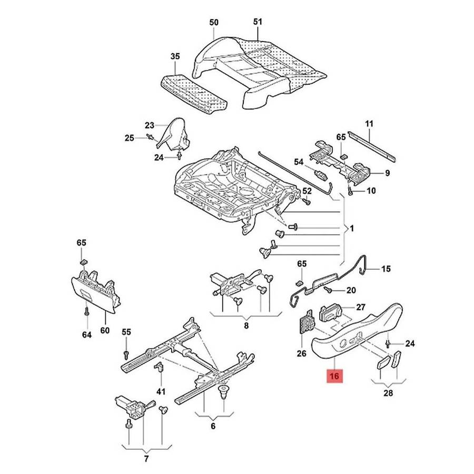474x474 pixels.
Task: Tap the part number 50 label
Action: (214, 23)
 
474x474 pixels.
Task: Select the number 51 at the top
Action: (257, 23)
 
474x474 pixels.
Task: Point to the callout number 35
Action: (175, 56)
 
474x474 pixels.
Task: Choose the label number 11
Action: (369, 124)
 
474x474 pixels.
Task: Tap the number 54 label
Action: (299, 162)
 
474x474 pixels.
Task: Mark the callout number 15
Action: (386, 269)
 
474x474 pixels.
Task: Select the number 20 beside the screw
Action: (351, 291)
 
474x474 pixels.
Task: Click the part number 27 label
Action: (361, 307)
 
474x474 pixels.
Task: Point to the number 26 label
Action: (301, 353)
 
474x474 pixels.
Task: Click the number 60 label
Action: (105, 330)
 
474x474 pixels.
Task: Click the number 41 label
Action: (161, 391)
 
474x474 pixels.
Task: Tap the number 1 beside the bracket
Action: (352, 229)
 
